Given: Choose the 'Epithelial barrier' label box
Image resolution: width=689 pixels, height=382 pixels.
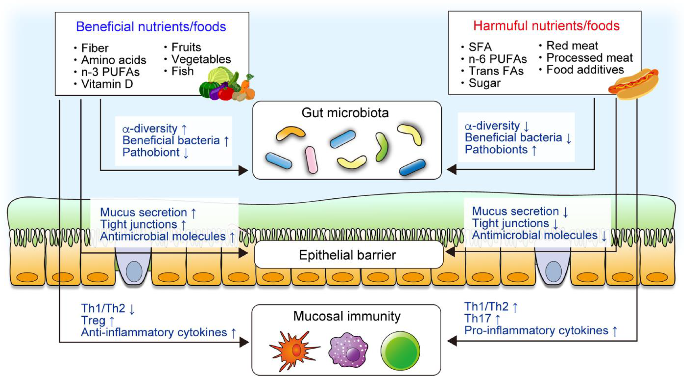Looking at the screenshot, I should [x=348, y=255].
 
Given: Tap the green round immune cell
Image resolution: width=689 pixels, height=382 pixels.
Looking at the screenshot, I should [x=400, y=351].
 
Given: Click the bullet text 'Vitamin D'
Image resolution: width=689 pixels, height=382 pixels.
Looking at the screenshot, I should [x=107, y=84].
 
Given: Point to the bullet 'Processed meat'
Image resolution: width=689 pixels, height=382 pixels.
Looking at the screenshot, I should [x=589, y=58].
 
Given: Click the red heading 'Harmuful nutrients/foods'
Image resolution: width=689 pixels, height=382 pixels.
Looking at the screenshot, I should [x=546, y=26].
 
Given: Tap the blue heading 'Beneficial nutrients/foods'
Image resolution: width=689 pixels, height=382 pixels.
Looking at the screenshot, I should [x=151, y=27].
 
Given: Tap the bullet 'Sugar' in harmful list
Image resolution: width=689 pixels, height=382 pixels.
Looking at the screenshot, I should [x=484, y=83].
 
